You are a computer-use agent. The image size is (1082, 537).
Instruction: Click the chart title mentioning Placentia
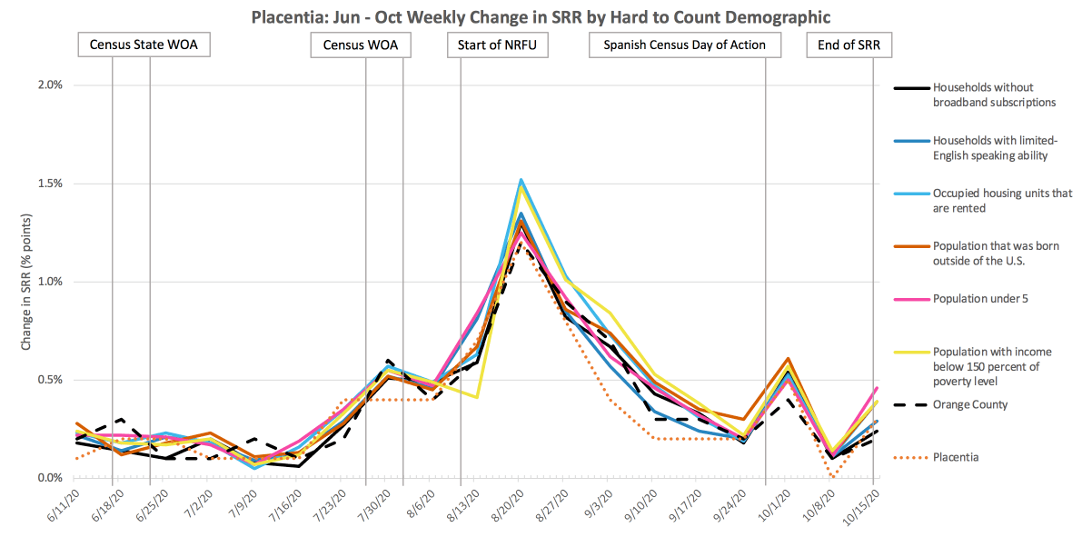(x=541, y=16)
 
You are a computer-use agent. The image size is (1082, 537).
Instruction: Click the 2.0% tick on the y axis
(x=48, y=85)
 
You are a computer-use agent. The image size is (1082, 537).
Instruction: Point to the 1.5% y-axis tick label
(x=48, y=184)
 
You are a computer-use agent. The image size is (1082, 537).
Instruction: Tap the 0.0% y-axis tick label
(x=48, y=478)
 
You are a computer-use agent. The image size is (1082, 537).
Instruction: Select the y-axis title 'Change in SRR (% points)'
(x=26, y=282)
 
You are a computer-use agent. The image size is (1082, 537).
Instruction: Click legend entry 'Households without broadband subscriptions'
(x=994, y=95)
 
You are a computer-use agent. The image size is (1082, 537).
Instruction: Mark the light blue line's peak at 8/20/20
(x=521, y=180)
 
